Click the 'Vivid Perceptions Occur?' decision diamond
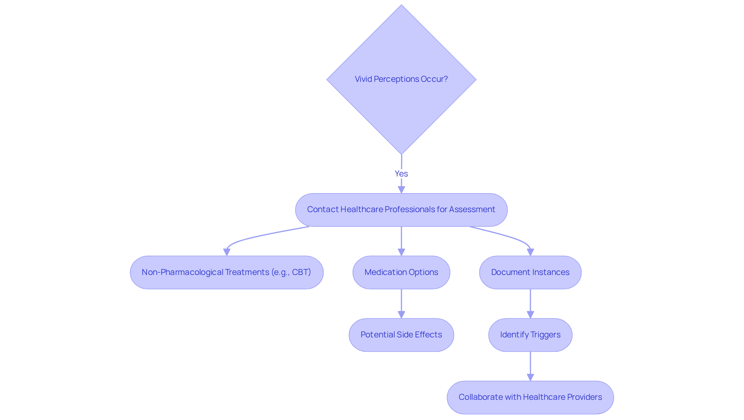point(401,80)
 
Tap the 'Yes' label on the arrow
point(401,174)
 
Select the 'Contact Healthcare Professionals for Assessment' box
point(401,210)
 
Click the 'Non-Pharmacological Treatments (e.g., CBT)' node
point(226,272)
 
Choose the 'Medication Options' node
point(401,272)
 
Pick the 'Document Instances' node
point(530,272)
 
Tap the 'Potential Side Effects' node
point(401,335)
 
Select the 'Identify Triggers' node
point(530,335)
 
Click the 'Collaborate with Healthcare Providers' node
point(530,398)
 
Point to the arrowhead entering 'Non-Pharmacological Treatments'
point(227,252)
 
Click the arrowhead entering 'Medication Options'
point(401,252)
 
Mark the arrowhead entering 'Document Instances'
point(530,252)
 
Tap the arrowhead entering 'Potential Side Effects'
point(401,315)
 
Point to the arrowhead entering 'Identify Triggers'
point(530,315)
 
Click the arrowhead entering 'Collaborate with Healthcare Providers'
point(530,377)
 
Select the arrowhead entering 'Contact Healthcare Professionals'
point(401,190)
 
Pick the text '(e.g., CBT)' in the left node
point(291,272)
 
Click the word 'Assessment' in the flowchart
point(472,209)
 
